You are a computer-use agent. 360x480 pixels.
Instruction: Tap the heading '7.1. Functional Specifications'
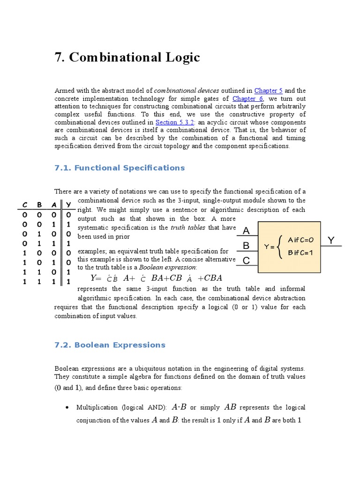[120, 168]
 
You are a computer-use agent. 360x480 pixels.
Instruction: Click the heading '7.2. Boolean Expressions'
[110, 345]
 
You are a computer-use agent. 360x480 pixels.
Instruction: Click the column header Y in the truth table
[68, 205]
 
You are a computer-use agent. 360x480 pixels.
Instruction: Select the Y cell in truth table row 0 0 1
[68, 224]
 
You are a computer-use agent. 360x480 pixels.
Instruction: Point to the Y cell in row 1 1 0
[68, 272]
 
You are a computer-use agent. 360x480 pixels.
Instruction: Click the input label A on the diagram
[247, 231]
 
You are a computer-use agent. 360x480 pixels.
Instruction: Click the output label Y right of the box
[331, 240]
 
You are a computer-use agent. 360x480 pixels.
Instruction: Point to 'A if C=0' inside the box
[300, 240]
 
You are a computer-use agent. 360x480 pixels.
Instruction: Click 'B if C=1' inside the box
[300, 253]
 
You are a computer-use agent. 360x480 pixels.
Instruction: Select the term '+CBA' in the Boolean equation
[210, 278]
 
